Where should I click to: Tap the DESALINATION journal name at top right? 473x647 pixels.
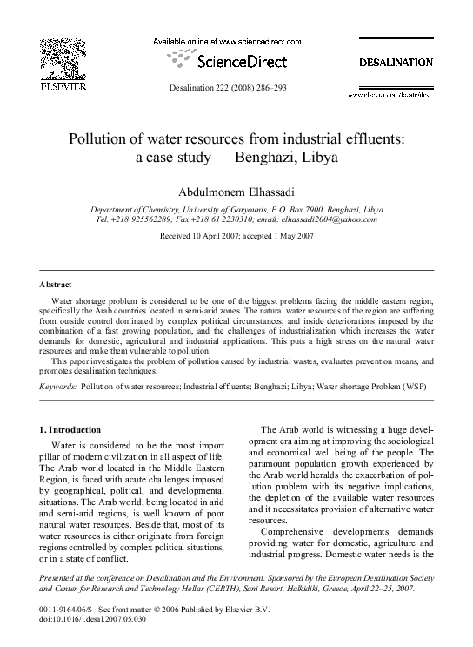tap(396, 63)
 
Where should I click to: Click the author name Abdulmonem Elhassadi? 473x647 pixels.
tap(236, 190)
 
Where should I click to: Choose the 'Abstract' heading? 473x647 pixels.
tap(56, 285)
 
